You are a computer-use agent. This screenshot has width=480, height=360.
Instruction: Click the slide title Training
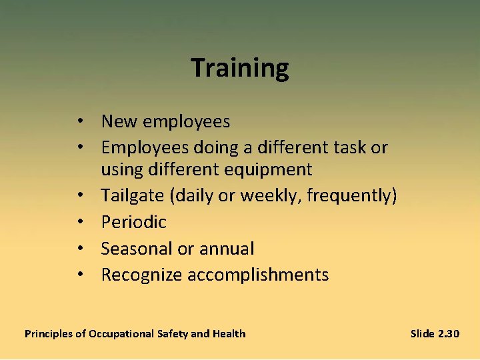coord(240,68)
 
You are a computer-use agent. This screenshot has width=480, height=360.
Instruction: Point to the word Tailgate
coord(130,195)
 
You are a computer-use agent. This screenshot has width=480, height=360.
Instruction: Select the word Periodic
coord(133,222)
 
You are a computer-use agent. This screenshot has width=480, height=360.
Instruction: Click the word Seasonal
coord(135,249)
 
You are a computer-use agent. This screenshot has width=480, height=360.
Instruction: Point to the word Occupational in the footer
coord(121,333)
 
